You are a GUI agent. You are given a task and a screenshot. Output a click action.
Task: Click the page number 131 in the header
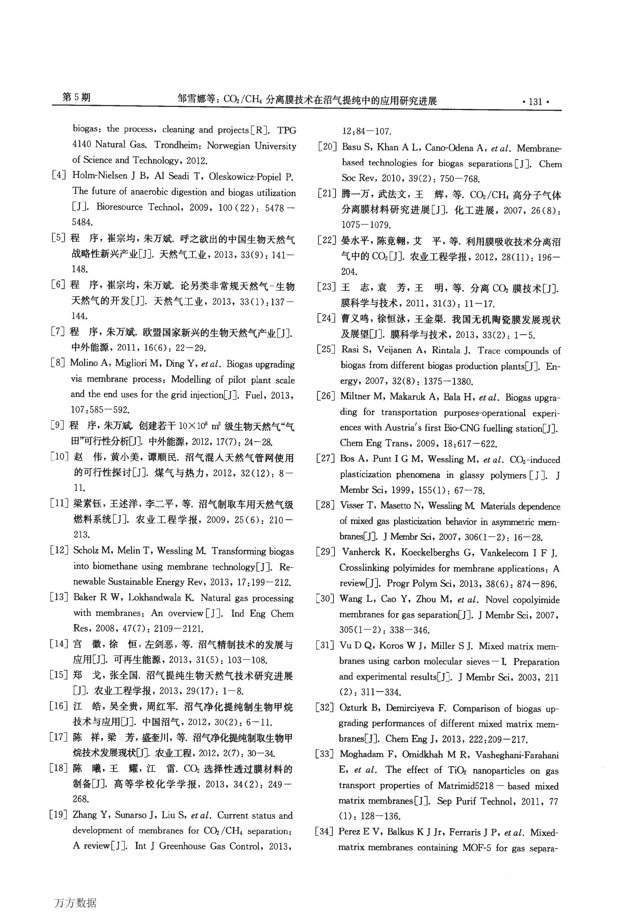pos(535,102)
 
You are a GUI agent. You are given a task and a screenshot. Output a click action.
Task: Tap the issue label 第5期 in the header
pos(76,97)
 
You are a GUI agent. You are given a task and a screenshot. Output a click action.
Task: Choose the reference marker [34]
pos(324,832)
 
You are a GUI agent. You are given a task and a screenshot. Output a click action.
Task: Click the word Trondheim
pos(178,145)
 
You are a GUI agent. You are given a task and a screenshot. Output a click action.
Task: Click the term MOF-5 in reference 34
pos(476,848)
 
